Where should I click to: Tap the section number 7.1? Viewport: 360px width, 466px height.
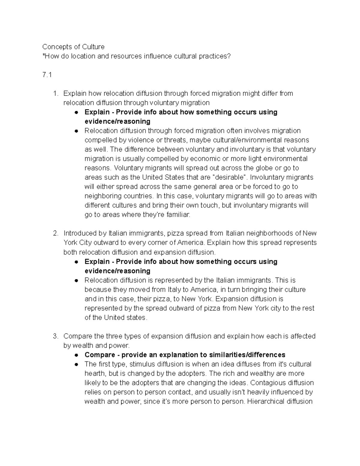point(47,75)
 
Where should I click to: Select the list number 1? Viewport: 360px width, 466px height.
point(55,94)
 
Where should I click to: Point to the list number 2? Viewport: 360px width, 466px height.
point(55,233)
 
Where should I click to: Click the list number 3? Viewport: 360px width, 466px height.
point(55,336)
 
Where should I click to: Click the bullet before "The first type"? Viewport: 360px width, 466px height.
point(77,365)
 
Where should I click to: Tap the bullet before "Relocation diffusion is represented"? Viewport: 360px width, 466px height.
point(77,281)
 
